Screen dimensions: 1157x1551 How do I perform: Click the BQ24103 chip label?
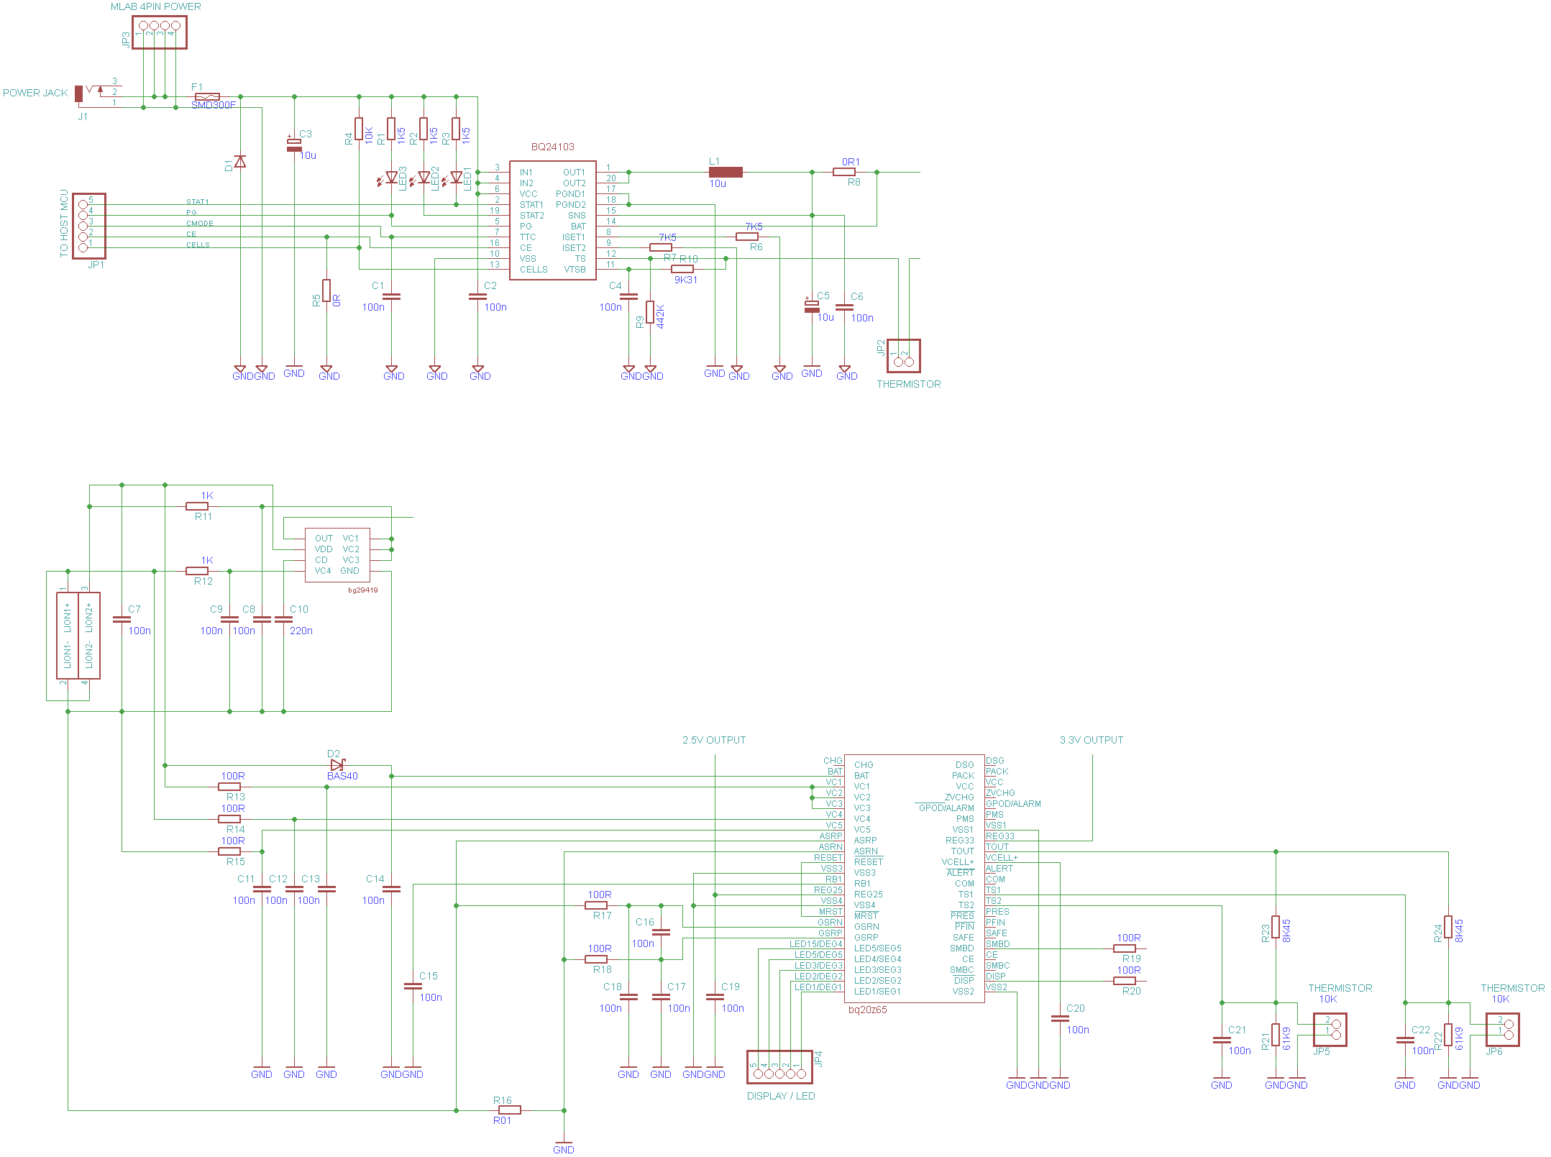click(552, 147)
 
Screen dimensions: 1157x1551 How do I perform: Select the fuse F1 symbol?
click(207, 96)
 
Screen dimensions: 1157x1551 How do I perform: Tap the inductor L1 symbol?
click(726, 172)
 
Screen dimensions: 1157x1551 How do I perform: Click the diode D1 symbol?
click(240, 162)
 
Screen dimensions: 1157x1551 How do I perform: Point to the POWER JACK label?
click(35, 93)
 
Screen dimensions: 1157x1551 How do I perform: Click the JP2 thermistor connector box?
click(903, 356)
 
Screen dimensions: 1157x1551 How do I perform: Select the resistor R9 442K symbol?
click(650, 312)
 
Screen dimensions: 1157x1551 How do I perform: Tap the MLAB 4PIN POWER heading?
click(155, 6)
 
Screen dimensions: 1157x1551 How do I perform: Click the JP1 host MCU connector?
click(89, 226)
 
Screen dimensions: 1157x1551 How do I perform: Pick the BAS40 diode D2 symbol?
click(337, 765)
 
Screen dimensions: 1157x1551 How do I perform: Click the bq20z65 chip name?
click(867, 1010)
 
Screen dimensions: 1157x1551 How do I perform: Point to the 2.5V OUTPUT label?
click(714, 740)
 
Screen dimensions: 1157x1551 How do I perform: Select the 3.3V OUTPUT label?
click(1091, 740)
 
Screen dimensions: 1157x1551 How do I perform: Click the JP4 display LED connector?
click(779, 1067)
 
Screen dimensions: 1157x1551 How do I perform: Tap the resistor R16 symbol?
click(509, 1110)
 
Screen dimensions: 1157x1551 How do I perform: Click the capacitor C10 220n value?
click(301, 631)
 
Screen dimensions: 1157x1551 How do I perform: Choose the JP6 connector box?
click(1502, 1030)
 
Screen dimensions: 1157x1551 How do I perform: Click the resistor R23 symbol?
click(1276, 927)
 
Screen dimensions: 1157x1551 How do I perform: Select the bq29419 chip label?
click(362, 590)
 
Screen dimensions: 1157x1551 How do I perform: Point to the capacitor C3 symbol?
click(294, 144)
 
